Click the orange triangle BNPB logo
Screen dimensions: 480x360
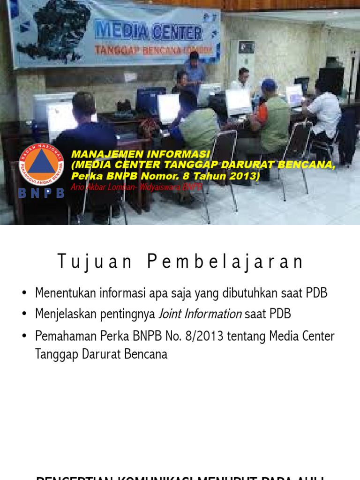[41, 165]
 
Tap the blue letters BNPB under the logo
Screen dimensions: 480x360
[41, 193]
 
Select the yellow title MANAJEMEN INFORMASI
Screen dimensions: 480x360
[141, 154]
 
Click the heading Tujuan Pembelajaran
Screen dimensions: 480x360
[180, 262]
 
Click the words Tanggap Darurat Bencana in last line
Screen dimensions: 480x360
[101, 354]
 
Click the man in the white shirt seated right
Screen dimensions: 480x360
[324, 114]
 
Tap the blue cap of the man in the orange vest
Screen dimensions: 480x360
[269, 84]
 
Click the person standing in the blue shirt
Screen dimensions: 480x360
[195, 70]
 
